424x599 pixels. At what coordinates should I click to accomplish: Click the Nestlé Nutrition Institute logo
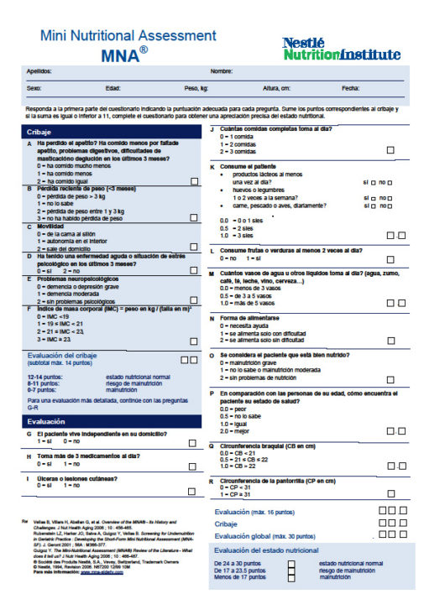340,49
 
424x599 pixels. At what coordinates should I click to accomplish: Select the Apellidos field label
39,71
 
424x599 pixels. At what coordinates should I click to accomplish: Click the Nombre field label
221,71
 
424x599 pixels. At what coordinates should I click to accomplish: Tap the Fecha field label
350,87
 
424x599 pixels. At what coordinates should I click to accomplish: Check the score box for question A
194,182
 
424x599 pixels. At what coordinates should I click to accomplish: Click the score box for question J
390,151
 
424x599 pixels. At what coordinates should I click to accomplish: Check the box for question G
194,440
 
